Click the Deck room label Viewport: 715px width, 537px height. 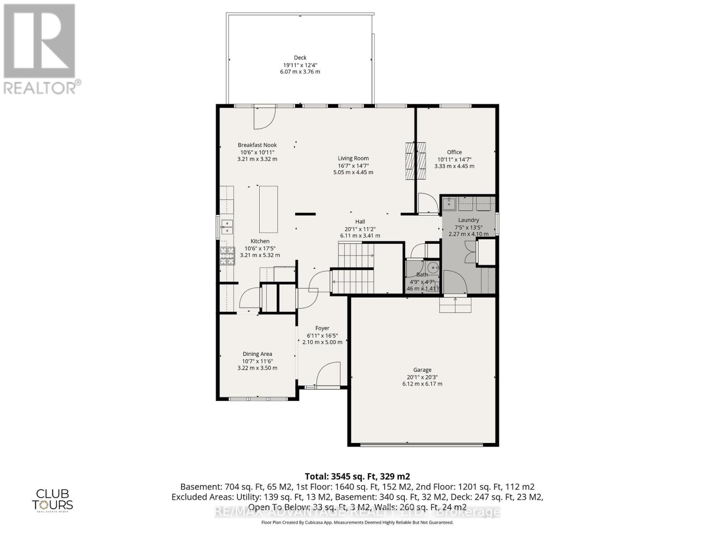pos(300,57)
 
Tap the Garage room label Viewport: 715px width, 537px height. pos(422,370)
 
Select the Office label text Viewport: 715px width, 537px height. pos(454,152)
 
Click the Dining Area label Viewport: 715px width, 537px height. pos(257,354)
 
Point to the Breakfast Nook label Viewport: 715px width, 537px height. pos(257,145)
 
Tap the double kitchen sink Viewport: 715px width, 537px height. pos(227,227)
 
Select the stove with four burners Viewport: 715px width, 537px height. pos(227,256)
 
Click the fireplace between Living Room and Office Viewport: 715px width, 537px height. pos(416,161)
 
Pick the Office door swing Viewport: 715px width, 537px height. pos(427,203)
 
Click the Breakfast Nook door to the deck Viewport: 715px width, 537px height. pos(264,119)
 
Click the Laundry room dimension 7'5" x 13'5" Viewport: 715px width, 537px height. pos(468,227)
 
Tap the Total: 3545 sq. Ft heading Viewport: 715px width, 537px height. pos(357,476)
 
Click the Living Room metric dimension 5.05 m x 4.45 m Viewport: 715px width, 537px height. pos(353,172)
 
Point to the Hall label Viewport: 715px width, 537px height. pos(360,222)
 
